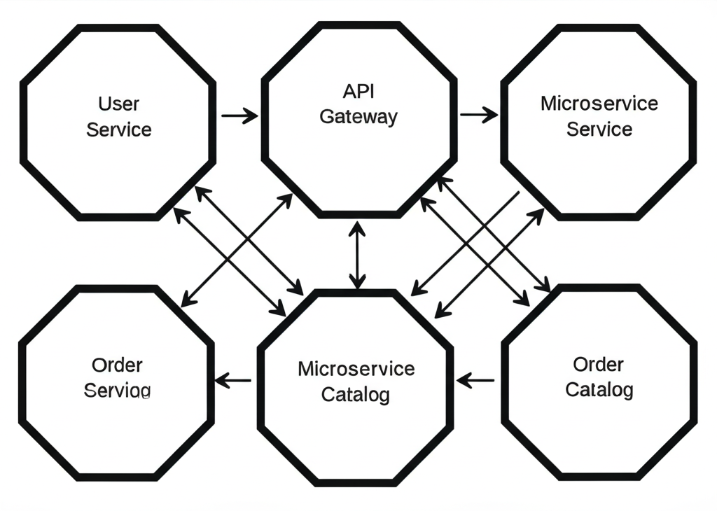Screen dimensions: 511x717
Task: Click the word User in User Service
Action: (118, 104)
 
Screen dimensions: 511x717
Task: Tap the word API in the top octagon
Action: (358, 91)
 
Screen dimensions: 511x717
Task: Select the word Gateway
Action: (358, 116)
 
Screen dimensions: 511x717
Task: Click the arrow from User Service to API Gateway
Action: (239, 115)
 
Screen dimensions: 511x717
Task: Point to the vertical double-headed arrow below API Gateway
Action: (358, 255)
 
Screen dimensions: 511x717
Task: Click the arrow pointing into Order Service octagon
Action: (233, 381)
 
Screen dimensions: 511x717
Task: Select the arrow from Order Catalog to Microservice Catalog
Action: (476, 381)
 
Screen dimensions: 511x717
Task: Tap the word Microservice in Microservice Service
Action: (599, 104)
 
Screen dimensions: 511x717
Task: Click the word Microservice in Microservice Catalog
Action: (356, 368)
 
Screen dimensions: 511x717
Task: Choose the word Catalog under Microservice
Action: (356, 394)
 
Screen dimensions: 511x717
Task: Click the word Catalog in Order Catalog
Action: (599, 389)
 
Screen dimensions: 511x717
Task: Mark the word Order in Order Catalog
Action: (599, 364)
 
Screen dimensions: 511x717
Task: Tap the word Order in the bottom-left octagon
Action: (117, 365)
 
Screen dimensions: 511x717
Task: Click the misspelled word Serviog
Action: (117, 390)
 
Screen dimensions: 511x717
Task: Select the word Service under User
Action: (119, 129)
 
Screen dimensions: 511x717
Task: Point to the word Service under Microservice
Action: (599, 129)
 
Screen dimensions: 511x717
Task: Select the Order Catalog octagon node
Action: (599, 434)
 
